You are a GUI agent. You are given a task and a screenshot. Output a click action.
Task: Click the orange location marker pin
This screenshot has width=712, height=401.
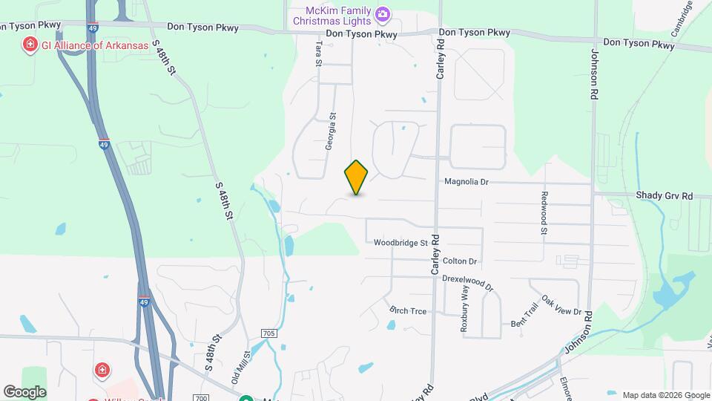357,177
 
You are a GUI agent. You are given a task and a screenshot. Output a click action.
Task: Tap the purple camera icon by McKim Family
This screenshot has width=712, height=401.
383,13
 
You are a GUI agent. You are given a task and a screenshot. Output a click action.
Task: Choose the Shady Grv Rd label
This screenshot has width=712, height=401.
664,195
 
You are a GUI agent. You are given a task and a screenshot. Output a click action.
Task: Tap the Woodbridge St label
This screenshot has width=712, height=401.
400,243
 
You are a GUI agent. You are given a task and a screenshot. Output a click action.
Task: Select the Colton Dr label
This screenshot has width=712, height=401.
459,261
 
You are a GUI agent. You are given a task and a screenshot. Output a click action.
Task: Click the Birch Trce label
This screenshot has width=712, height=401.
408,310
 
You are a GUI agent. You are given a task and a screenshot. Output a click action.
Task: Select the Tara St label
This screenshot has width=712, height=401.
318,53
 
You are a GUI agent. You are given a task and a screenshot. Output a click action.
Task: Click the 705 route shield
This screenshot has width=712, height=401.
268,333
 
